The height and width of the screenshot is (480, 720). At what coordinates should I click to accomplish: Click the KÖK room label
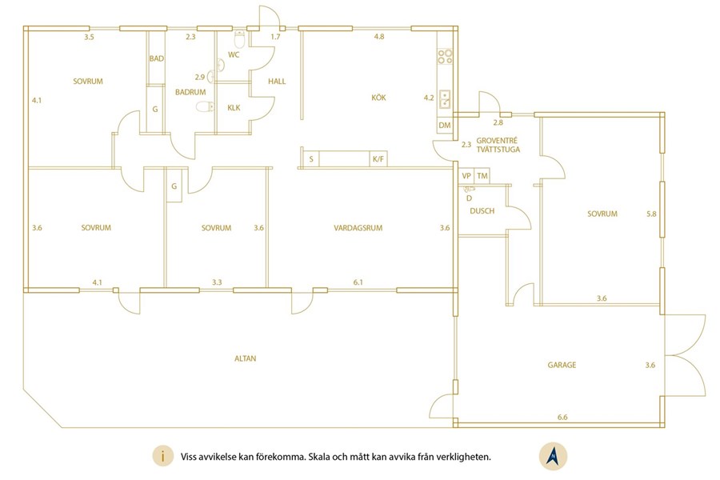[378, 98]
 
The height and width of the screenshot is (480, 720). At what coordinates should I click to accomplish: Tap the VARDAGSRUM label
[358, 228]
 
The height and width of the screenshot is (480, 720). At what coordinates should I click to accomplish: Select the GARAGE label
[562, 365]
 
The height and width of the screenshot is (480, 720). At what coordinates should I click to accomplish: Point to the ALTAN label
[246, 358]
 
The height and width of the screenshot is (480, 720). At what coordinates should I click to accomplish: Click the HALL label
[277, 82]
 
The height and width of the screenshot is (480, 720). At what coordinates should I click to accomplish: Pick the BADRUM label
[190, 92]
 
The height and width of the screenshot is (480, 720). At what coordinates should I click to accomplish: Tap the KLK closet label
[234, 108]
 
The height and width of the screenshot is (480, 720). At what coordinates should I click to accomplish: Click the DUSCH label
[482, 211]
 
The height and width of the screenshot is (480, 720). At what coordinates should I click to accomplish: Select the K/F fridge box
[378, 159]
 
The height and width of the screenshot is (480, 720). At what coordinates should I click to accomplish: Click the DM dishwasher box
[445, 125]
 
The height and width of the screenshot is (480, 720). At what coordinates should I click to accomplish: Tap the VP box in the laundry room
[466, 176]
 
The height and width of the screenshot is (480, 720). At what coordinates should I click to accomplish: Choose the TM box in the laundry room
[482, 176]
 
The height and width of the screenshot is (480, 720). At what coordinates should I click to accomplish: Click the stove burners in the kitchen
[445, 57]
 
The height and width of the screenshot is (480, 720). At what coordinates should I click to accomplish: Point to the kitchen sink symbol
[445, 98]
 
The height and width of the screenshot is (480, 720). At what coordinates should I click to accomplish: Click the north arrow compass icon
[554, 457]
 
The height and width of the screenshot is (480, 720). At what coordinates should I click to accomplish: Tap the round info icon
[163, 457]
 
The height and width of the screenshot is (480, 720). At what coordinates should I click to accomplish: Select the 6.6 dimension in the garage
[562, 417]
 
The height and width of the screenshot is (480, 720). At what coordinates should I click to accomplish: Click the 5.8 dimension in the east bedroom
[651, 214]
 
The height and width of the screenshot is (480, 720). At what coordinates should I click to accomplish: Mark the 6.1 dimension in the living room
[358, 282]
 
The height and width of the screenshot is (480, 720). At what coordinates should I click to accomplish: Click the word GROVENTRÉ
[497, 141]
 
